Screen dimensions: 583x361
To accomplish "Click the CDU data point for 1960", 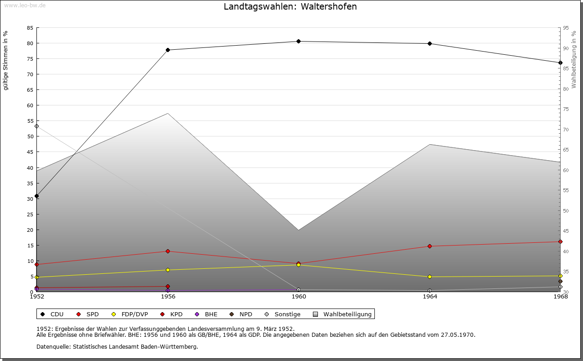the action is (298, 41).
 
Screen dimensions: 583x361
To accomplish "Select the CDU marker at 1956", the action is (168, 50).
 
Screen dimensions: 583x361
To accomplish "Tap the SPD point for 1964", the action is (430, 246).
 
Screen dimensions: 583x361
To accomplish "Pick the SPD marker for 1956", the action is (168, 251).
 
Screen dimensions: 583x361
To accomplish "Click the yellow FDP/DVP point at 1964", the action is (430, 277).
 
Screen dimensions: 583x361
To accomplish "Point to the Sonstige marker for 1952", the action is (37, 126).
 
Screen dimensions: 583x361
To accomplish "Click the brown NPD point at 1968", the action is (560, 282).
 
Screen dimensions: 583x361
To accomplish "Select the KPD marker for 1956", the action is (168, 287).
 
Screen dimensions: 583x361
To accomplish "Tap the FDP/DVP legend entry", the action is (130, 314).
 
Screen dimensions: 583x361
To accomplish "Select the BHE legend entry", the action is (206, 314).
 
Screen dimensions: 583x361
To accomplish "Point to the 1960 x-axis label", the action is (299, 297).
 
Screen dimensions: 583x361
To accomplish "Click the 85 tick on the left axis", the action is (30, 28).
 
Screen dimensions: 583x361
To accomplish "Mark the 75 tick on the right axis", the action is (566, 109).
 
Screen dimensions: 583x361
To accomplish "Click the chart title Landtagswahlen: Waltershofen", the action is (290, 6).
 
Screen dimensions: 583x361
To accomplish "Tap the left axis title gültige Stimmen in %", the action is (5, 61).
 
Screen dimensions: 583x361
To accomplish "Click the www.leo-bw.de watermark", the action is (25, 5).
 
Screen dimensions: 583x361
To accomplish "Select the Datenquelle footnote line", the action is (117, 347).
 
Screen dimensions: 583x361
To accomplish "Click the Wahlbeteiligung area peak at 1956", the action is (168, 113).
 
